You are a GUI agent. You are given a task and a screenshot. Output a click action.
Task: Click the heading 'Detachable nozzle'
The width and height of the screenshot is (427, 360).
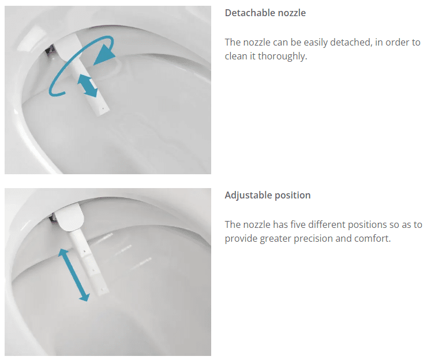tap(265, 13)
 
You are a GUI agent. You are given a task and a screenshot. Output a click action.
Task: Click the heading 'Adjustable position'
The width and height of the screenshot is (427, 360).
tap(268, 195)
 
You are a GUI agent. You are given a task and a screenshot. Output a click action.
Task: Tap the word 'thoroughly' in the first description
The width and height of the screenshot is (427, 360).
tap(282, 56)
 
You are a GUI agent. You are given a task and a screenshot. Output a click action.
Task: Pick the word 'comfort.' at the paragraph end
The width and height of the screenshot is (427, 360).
tap(373, 238)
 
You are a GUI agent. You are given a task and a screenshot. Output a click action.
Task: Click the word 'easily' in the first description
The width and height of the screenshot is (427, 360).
tap(316, 43)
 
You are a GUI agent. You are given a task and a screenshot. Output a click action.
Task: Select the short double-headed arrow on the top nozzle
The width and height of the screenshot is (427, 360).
tap(87, 85)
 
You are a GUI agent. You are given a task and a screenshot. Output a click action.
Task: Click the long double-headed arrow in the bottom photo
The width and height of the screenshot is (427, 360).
tap(74, 275)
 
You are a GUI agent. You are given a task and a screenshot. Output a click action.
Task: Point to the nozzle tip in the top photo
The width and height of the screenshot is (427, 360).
tap(103, 110)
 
